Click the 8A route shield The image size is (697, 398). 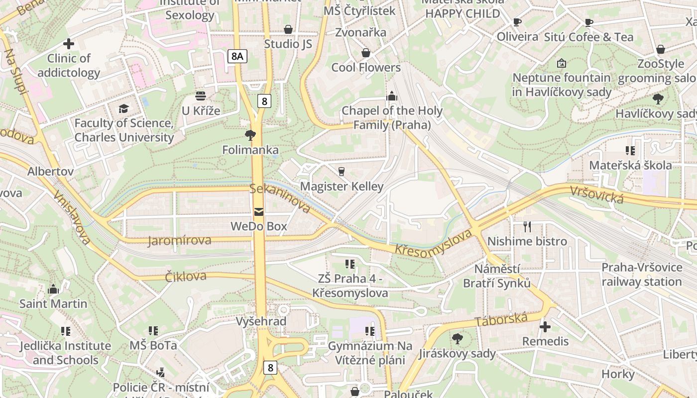click(x=237, y=56)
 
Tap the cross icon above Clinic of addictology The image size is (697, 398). click(x=69, y=44)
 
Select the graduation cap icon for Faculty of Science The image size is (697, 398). click(x=123, y=108)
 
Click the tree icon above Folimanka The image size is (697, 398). click(x=250, y=135)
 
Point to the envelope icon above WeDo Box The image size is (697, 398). click(x=259, y=212)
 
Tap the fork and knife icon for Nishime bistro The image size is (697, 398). click(x=527, y=227)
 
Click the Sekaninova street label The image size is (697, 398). click(x=280, y=198)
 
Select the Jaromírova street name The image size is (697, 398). click(x=179, y=241)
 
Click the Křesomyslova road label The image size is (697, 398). click(x=433, y=243)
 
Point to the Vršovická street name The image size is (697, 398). click(x=596, y=194)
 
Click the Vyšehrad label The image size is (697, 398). click(x=261, y=321)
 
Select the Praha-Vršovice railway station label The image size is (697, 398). click(x=642, y=275)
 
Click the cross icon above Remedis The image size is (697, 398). click(x=545, y=327)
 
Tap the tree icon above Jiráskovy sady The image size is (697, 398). click(x=457, y=339)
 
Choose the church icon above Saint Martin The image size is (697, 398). click(x=53, y=289)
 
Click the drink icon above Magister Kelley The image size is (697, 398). click(x=342, y=172)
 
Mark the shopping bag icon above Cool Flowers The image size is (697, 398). click(x=366, y=53)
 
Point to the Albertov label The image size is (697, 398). click(x=50, y=172)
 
